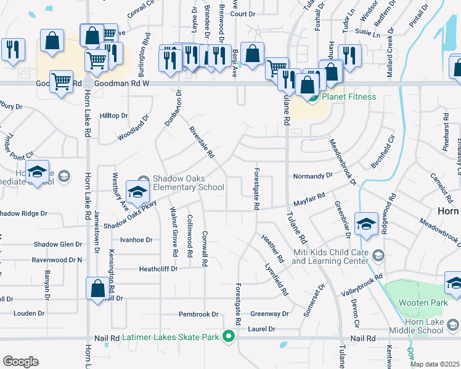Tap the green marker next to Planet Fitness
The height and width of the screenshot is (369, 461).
tap(314, 97)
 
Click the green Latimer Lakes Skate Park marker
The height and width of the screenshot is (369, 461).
tap(229, 336)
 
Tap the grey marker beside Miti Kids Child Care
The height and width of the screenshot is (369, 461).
tap(378, 255)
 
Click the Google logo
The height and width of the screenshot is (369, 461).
tap(20, 362)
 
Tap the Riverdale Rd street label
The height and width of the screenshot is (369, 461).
tap(202, 141)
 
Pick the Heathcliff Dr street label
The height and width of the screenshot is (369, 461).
tap(158, 269)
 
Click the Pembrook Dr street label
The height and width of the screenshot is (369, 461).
tap(198, 314)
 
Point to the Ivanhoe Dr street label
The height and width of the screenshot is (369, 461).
tap(136, 240)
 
